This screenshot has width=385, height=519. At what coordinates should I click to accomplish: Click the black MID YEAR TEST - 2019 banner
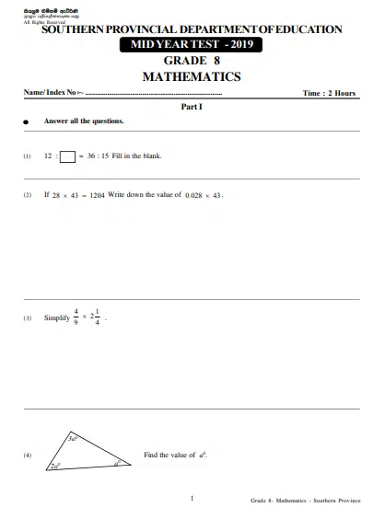(192, 44)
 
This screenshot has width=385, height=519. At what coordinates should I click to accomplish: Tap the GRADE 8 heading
(192, 60)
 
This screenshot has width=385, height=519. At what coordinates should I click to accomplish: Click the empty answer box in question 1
(67, 156)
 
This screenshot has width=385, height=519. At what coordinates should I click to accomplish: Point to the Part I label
(192, 107)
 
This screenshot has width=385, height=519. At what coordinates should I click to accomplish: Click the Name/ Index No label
(52, 93)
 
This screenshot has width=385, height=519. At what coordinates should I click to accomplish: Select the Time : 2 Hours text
(329, 94)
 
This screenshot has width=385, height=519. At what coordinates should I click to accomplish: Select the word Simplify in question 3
(56, 318)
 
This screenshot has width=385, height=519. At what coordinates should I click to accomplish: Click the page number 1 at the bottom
(192, 498)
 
